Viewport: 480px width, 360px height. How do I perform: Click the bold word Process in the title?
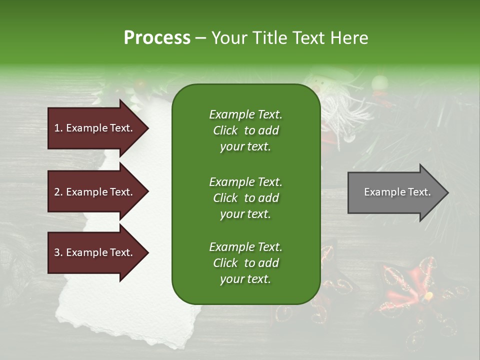[x=157, y=38]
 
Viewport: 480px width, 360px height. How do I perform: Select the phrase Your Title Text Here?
[x=289, y=38]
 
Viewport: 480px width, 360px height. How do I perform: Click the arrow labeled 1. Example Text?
[x=95, y=128]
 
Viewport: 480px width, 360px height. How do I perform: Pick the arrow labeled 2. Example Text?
[x=95, y=192]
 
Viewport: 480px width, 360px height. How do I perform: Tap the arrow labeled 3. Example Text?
[x=95, y=252]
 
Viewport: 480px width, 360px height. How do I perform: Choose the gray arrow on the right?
[x=395, y=192]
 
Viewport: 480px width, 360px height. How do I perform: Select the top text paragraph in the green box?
[x=245, y=130]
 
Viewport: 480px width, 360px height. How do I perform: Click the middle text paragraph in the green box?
[x=245, y=197]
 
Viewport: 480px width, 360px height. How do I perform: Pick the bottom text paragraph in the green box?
[x=245, y=263]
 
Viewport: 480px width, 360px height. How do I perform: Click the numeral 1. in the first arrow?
[x=58, y=128]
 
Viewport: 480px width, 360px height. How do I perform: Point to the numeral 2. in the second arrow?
[x=58, y=192]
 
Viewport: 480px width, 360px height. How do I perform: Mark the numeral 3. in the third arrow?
[x=58, y=252]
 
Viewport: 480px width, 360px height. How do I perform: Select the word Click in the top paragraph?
[x=225, y=131]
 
